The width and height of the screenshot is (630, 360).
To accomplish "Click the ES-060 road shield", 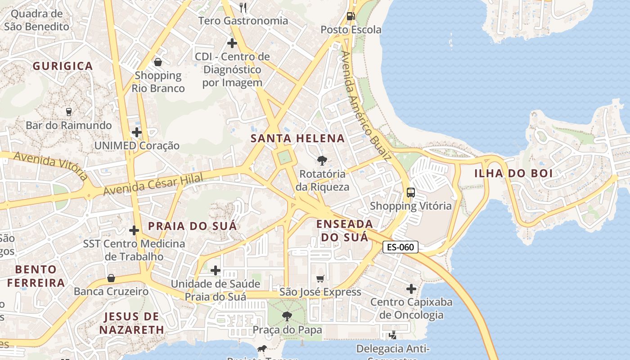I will [400, 247].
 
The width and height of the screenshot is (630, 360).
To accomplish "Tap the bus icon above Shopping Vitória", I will [410, 193].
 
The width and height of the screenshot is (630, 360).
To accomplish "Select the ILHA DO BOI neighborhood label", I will [513, 173].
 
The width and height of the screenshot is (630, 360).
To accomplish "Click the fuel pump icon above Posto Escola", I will [351, 16].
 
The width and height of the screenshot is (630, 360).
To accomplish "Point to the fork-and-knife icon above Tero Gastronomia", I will [243, 7].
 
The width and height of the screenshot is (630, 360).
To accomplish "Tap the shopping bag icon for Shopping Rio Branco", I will [158, 62].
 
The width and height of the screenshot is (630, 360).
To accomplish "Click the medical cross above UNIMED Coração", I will [137, 132].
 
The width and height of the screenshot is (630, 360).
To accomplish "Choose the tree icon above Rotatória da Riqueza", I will [322, 160].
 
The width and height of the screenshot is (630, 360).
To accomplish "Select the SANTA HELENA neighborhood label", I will [298, 139].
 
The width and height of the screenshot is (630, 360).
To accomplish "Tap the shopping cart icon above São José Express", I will [320, 279].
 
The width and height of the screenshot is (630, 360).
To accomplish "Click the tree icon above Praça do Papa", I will [287, 316].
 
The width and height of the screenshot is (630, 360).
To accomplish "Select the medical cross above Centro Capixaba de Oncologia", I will [411, 288].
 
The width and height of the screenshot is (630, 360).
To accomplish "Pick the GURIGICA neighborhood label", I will [63, 66].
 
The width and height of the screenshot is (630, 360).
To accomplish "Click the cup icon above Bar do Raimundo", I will [69, 112].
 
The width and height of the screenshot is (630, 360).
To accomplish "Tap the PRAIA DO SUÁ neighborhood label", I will [192, 226].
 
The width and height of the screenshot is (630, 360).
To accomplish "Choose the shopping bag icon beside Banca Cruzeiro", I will [111, 279].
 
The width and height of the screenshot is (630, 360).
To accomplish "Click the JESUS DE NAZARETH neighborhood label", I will [132, 323].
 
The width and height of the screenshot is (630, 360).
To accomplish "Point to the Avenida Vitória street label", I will [50, 165].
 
